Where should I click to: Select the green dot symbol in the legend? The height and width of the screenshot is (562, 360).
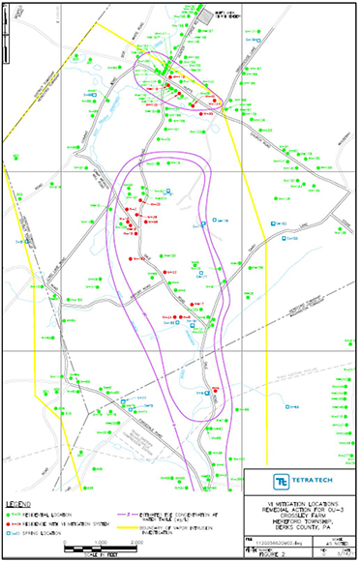[x=13, y=514]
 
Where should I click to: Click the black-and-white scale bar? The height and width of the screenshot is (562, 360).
[x=102, y=547]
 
